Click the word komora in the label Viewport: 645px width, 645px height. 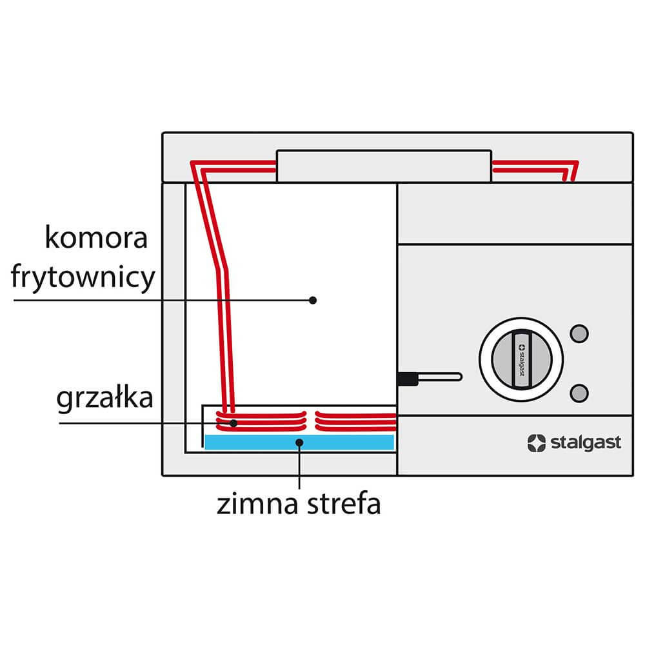tap(97, 239)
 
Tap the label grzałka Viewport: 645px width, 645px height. tap(104, 399)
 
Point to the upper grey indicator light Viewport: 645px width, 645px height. tap(579, 332)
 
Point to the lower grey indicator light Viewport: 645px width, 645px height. tap(579, 392)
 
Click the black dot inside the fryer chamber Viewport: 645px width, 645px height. tap(313, 300)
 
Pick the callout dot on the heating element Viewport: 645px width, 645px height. tap(234, 423)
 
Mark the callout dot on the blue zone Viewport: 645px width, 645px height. tap(299, 442)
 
